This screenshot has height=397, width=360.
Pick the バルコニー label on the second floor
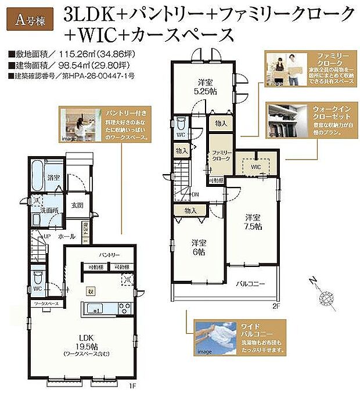tap(250, 284)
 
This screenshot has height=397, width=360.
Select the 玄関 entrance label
tap(77, 204)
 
